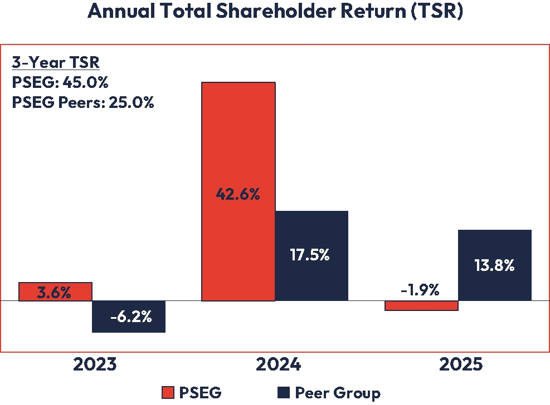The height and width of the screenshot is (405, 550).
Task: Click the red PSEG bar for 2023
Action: [55, 291]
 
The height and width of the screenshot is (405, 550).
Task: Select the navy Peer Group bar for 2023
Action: [129, 317]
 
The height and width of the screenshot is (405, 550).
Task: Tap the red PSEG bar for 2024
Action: [239, 139]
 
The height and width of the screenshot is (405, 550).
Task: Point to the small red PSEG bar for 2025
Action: [422, 306]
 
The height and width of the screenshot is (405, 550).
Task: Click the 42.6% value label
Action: [239, 195]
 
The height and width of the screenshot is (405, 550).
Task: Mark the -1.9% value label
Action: [421, 290]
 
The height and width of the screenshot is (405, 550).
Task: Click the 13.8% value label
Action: [495, 265]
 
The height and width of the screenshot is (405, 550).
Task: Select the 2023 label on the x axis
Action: [95, 365]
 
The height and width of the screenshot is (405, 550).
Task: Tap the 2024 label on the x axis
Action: [278, 365]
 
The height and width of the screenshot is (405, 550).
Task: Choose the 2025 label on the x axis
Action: [461, 365]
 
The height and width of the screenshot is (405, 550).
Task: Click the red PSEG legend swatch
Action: [167, 392]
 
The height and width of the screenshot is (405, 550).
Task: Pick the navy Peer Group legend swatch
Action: [283, 392]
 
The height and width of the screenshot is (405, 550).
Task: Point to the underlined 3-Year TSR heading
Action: [55, 62]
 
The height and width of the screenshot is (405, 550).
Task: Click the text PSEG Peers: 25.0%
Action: [82, 102]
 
